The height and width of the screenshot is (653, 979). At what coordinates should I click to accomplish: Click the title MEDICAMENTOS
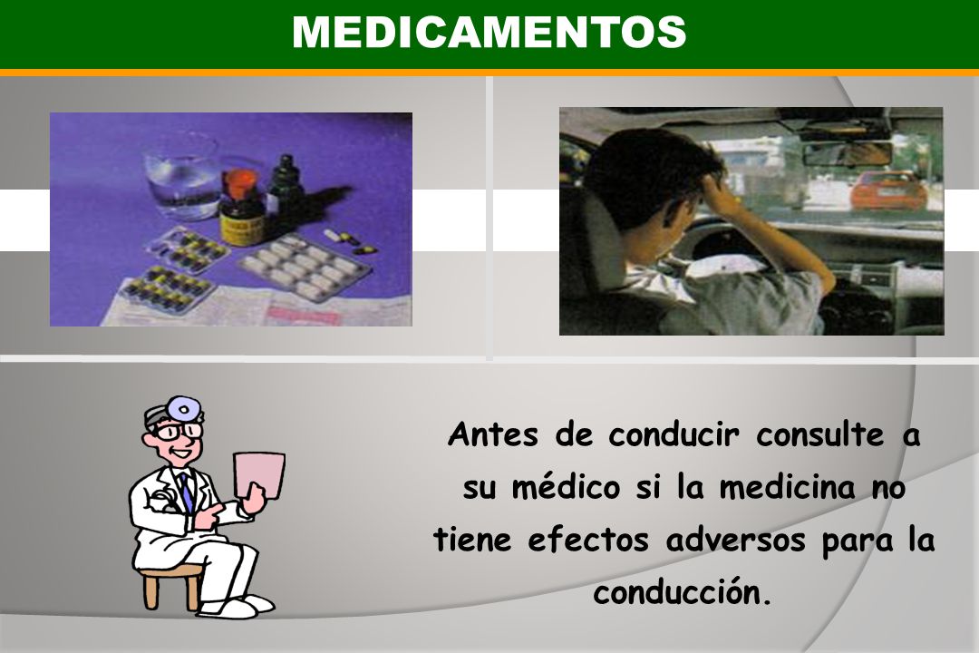489,32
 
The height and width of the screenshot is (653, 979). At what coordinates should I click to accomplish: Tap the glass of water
181,177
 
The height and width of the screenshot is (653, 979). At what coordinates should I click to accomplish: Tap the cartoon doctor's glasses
178,431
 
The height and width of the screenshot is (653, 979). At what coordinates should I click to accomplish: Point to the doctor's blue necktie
187,492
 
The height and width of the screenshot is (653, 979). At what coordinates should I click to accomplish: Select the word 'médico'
566,486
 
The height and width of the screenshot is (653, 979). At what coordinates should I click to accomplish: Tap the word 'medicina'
787,486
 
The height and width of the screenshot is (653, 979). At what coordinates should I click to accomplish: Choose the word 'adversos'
735,540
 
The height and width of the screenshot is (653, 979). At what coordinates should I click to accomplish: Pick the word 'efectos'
588,540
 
